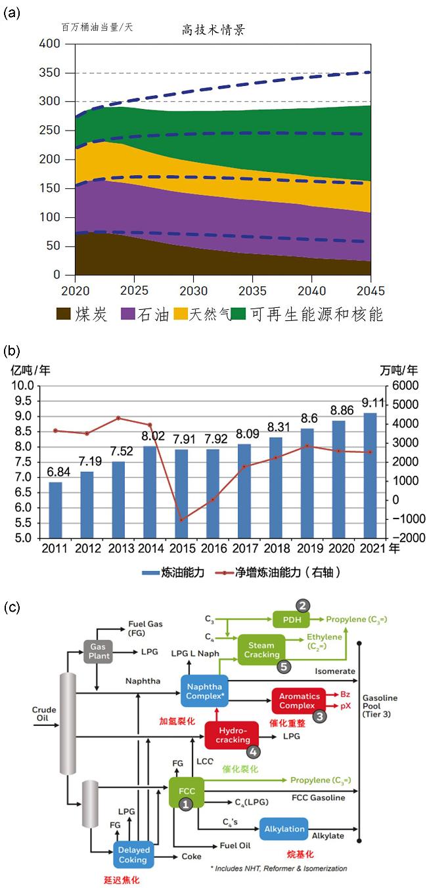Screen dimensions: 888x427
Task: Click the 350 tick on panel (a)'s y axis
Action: pyautogui.click(x=68, y=72)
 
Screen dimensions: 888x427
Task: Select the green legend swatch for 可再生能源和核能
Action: pyautogui.click(x=240, y=314)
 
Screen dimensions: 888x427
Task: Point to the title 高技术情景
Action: pyautogui.click(x=213, y=30)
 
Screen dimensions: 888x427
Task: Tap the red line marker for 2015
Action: pyautogui.click(x=181, y=520)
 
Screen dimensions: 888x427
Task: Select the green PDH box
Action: pyautogui.click(x=290, y=619)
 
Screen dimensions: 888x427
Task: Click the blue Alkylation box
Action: pyautogui.click(x=284, y=829)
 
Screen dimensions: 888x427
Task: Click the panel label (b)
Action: pyautogui.click(x=12, y=351)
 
